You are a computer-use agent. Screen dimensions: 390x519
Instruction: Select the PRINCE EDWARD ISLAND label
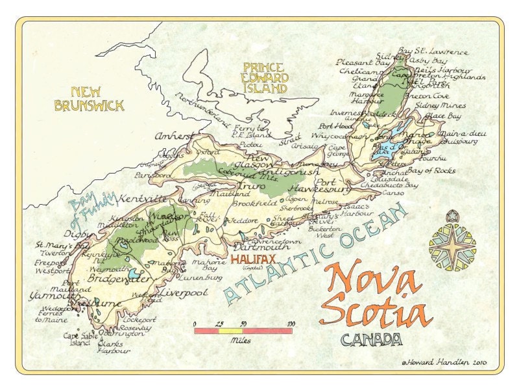tap(265, 77)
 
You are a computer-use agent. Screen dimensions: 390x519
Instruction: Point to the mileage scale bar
tap(243, 331)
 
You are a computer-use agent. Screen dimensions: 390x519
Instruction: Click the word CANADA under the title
tap(371, 339)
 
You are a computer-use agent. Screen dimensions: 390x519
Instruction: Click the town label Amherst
tap(174, 136)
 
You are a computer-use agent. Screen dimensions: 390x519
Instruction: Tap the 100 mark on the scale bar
tap(291, 323)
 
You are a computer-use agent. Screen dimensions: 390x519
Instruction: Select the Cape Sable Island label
tap(80, 339)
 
